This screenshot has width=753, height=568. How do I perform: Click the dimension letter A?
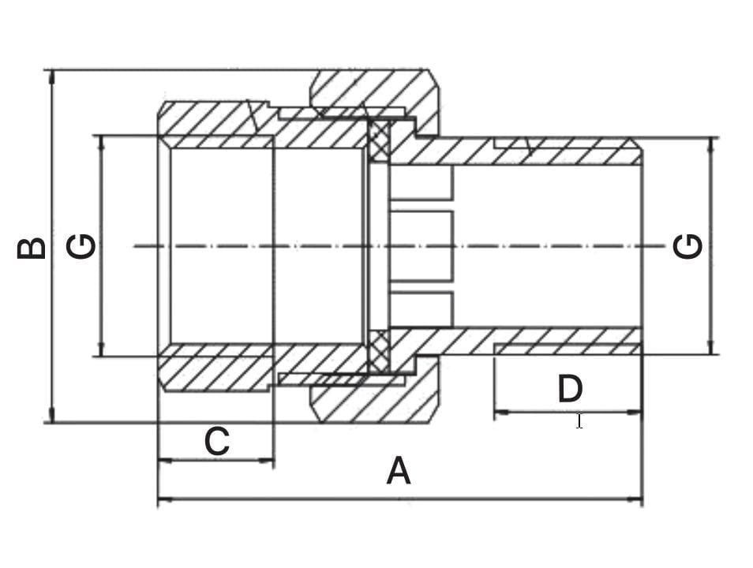pyautogui.click(x=399, y=471)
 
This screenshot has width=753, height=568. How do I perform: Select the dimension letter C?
pyautogui.click(x=216, y=441)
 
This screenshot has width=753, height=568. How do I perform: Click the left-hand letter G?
pyautogui.click(x=81, y=246)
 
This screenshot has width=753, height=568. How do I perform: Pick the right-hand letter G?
pyautogui.click(x=687, y=246)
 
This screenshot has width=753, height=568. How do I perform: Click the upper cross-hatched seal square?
pyautogui.click(x=380, y=140)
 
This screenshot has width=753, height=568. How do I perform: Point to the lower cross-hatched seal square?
pyautogui.click(x=380, y=352)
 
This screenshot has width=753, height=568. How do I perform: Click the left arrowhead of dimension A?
pyautogui.click(x=165, y=500)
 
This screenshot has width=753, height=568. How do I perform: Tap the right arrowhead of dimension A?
pyautogui.click(x=635, y=500)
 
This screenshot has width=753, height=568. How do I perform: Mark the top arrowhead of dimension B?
pyautogui.click(x=52, y=77)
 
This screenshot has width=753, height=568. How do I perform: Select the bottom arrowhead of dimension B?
pyautogui.click(x=52, y=416)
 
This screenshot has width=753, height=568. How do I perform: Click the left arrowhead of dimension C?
pyautogui.click(x=165, y=461)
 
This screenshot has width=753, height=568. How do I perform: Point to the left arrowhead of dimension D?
pyautogui.click(x=502, y=412)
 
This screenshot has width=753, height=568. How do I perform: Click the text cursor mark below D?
pyautogui.click(x=579, y=421)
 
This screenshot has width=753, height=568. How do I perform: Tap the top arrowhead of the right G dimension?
pyautogui.click(x=711, y=145)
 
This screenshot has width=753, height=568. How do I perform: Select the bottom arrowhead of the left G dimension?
pyautogui.click(x=101, y=349)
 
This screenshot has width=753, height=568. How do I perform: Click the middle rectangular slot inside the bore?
pyautogui.click(x=421, y=246)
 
